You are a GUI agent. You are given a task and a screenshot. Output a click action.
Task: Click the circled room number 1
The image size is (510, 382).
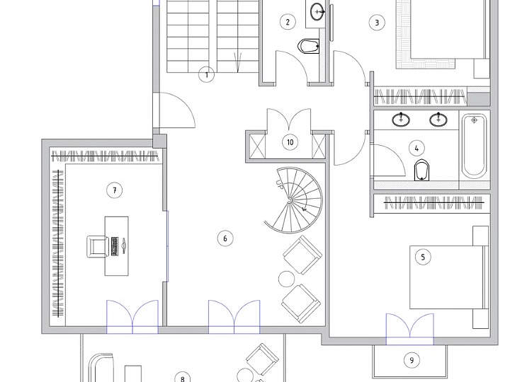point(207,75)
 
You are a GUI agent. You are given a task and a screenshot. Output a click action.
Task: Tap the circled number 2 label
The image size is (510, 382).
point(288,22)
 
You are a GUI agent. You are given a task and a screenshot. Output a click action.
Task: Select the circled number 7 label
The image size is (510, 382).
point(115,190)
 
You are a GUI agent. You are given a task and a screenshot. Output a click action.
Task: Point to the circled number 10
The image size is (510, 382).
point(290,142)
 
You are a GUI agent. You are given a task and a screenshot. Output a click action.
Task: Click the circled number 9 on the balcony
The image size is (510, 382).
point(412,360)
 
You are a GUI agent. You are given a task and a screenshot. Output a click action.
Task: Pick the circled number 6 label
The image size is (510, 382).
point(225,238)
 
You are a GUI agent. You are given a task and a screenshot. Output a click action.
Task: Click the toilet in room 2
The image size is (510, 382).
point(308,47)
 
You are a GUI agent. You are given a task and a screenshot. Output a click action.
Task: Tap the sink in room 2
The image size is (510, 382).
point(317,12)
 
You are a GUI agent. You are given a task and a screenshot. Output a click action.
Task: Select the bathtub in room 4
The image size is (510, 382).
point(474,146)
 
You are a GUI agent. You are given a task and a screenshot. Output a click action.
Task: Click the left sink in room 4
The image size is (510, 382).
point(401,120)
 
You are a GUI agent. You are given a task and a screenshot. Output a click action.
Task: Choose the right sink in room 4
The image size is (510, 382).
point(438,120)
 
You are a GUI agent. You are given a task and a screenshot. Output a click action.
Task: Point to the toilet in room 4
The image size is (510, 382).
point(422,170)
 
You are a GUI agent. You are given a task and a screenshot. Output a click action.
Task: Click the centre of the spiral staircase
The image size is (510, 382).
point(290,201)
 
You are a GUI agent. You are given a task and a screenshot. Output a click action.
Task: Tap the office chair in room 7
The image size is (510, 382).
point(98,247)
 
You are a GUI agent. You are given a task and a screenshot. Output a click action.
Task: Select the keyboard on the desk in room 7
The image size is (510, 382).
point(115,245)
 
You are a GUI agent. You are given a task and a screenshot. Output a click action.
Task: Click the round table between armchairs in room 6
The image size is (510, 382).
point(287,279)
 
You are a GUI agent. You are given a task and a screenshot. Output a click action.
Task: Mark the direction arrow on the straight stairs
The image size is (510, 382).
point(238,62)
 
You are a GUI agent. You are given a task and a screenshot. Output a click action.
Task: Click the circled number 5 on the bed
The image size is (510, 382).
point(423,257)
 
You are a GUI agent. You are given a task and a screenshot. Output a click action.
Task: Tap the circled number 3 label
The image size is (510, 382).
point(377,23)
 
